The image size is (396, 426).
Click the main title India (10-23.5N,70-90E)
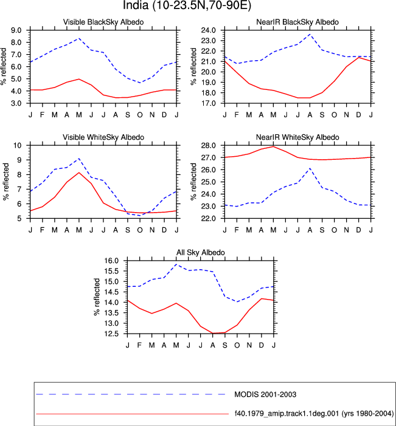(187, 5)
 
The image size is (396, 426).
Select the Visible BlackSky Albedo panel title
(103, 22)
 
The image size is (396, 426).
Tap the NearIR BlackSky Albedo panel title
(297, 22)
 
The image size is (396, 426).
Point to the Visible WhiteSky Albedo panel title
(103, 137)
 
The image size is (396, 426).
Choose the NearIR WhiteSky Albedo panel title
(297, 137)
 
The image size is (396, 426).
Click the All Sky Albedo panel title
(201, 252)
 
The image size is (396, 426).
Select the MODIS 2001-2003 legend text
(265, 394)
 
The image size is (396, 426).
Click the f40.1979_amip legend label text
(314, 414)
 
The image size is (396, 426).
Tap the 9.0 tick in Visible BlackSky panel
(16, 30)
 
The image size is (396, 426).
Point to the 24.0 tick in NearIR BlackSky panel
(208, 30)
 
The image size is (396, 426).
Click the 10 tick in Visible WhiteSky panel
(18, 145)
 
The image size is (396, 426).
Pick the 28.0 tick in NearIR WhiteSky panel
(208, 145)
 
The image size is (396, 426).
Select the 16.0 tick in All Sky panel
(111, 261)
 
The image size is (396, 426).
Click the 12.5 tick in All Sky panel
(111, 334)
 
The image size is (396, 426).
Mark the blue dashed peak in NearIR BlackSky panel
(310, 34)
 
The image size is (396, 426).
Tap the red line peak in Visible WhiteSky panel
(79, 173)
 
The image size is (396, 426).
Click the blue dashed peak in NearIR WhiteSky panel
(310, 168)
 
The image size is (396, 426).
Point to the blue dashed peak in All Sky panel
(176, 264)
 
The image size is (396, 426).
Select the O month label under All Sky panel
(237, 345)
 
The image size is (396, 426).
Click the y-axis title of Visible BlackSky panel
(4, 66)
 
